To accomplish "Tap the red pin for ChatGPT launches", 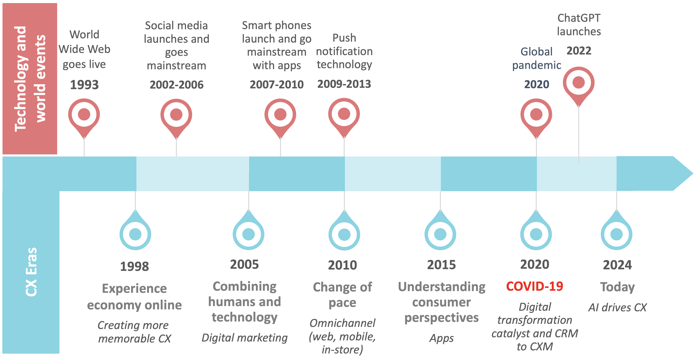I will coord(578,83).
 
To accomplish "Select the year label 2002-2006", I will coord(176,85).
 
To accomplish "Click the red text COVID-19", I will coord(535,286).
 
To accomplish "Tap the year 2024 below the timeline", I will coord(617,265).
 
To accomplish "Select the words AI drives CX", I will coord(617,307).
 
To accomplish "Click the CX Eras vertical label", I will coord(31,272).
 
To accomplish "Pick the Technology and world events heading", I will coord(30,79).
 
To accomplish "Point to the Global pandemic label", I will coord(537,59).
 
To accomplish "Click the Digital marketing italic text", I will coord(244,338).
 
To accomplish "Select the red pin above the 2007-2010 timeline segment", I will coord(280,115).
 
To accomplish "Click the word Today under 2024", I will coord(617,287).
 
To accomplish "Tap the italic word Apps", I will coord(441,338).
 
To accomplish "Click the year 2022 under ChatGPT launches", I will coord(579,51).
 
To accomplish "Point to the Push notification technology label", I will coord(344,51).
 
